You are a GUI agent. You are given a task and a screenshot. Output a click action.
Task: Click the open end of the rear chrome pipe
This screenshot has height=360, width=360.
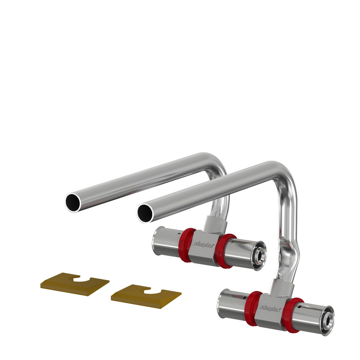(73, 203)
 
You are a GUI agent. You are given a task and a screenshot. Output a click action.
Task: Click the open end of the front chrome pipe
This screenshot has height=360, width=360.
(145, 213)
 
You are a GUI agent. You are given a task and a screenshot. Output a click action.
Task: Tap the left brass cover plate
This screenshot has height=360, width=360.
(75, 284)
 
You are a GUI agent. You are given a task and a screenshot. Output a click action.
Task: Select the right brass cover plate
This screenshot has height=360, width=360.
(146, 296)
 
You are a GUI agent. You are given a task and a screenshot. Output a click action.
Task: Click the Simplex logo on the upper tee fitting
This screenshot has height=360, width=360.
(203, 244)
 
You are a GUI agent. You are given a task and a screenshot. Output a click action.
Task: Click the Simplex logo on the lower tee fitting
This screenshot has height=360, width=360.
(270, 308)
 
